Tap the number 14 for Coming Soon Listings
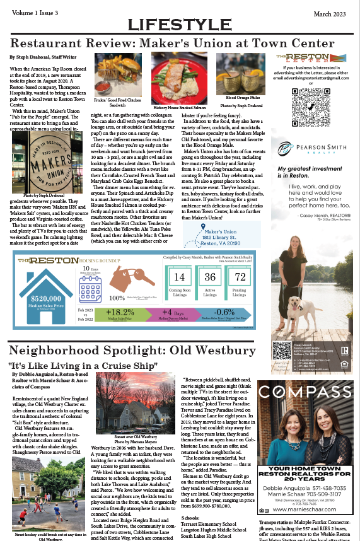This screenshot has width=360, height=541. tap(179, 277)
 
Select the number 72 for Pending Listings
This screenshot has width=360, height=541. tap(240, 277)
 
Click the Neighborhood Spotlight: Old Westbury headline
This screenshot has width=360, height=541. tap(132, 351)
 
